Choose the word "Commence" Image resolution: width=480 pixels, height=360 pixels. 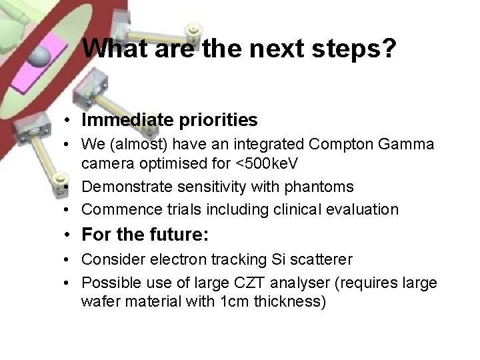coord(117,209)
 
